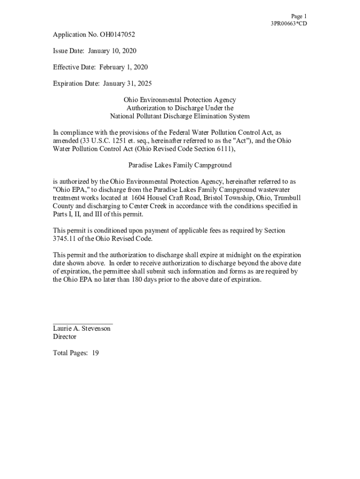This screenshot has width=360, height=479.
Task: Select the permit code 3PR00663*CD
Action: (x=289, y=24)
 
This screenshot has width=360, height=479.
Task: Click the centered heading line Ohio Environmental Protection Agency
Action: (x=180, y=100)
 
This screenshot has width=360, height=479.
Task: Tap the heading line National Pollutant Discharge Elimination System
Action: (x=180, y=116)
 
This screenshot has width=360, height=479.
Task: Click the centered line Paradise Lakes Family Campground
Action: (x=180, y=165)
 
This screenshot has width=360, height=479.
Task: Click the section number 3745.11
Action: (x=65, y=239)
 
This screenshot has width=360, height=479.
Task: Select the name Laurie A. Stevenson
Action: (x=82, y=329)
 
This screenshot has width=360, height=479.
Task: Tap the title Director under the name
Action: (x=65, y=337)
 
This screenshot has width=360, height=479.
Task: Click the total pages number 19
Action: (x=95, y=353)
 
